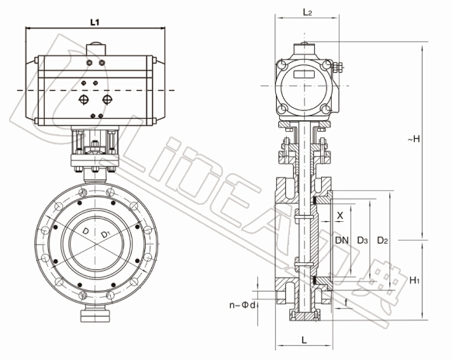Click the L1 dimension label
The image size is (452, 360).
(95, 22)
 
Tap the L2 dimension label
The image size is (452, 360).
(307, 12)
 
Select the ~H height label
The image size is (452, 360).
(413, 140)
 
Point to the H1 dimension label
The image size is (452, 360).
(415, 280)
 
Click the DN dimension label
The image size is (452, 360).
(342, 240)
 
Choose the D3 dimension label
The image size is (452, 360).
(362, 240)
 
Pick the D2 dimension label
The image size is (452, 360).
(382, 240)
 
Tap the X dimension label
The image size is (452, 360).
(340, 215)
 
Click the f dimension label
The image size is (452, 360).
(346, 302)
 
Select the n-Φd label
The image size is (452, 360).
(243, 305)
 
